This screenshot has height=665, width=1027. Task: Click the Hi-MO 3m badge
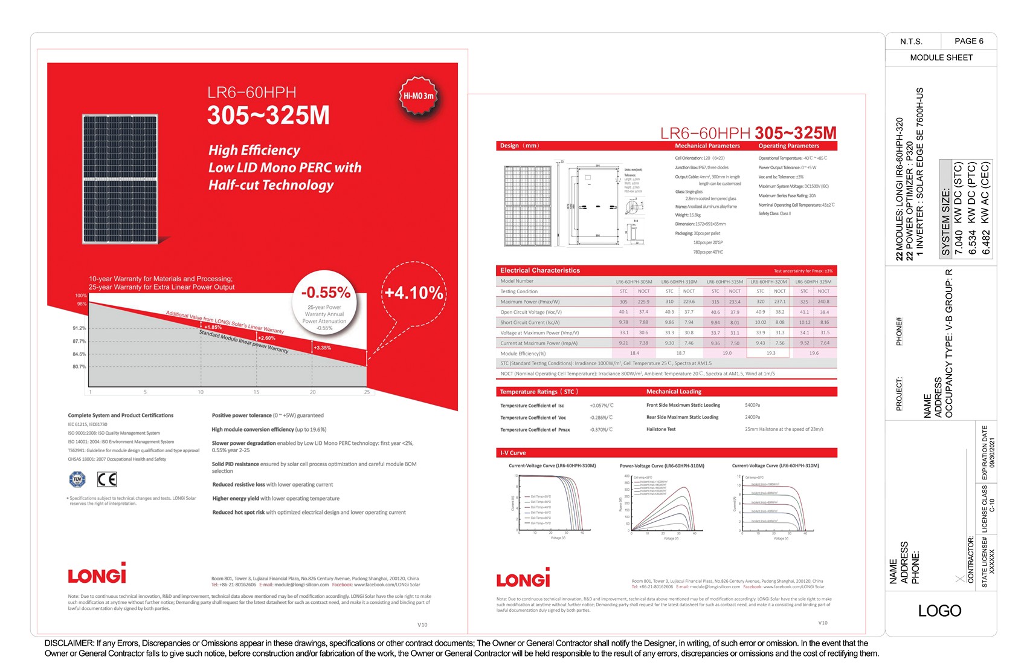pos(418,96)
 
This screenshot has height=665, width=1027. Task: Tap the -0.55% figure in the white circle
pos(326,293)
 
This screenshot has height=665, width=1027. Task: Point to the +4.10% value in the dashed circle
pos(414,293)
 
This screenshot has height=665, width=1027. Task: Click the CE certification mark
pos(107,479)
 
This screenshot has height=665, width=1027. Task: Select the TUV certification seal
pos(77,479)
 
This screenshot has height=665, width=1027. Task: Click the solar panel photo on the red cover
pos(120,179)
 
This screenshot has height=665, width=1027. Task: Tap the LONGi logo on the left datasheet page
pos(97,574)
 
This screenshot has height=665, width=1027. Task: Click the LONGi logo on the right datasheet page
pos(523,579)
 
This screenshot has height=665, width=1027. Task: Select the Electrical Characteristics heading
pos(539,270)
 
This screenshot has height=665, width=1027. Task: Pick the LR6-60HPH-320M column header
pos(768,282)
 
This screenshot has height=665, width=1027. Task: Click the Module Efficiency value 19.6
pos(814,353)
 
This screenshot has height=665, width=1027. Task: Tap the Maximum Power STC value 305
pos(623,302)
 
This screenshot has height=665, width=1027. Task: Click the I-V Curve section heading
pos(513,453)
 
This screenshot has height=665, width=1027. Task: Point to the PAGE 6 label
pos(968,41)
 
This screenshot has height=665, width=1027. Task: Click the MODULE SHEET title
pos(941,57)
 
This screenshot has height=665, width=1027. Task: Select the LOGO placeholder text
pos(939,611)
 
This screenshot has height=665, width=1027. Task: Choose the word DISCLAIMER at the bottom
pos(69,643)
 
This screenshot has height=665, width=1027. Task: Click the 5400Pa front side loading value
pos(752,405)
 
